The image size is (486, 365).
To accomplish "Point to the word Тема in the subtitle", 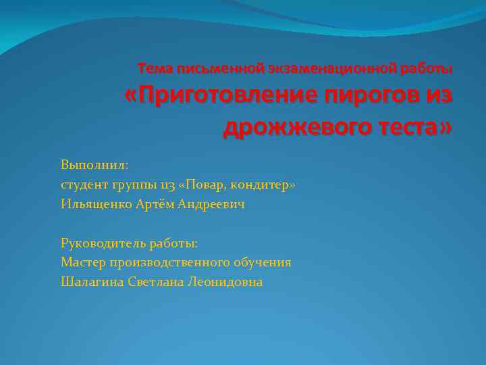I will coord(153,68).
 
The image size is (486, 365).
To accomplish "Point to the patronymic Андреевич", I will coord(211,203).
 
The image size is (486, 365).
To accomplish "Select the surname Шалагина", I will coord(91,282).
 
